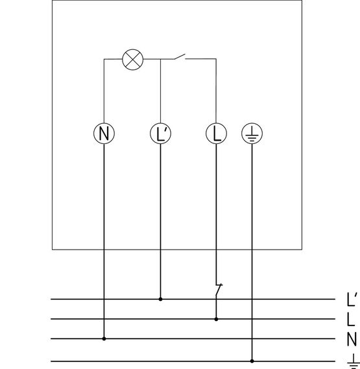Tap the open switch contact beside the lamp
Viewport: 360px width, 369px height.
(x=180, y=56)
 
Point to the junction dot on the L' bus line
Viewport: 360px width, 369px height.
(x=161, y=299)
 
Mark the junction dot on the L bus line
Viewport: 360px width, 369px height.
(x=216, y=319)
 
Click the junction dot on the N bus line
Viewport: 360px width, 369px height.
(x=104, y=339)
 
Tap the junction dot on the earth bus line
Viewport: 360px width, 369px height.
(x=252, y=361)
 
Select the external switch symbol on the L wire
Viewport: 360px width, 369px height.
(x=219, y=289)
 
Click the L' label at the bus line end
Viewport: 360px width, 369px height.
(x=352, y=300)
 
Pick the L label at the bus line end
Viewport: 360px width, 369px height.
(x=351, y=319)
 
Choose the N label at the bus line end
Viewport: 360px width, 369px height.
(x=352, y=339)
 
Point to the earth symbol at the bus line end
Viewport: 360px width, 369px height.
(x=354, y=361)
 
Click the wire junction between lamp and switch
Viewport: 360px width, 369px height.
(x=161, y=59)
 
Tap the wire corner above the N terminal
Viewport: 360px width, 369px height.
(x=104, y=59)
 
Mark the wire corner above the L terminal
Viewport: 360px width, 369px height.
(x=216, y=59)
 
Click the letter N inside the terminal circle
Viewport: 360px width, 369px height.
(x=104, y=134)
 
